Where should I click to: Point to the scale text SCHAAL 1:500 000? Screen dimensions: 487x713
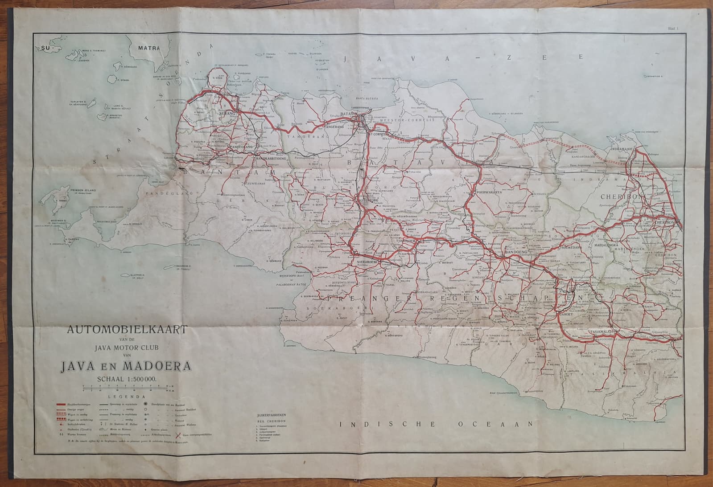pos(127,379)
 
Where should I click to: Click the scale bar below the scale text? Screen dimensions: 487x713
pos(126,388)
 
